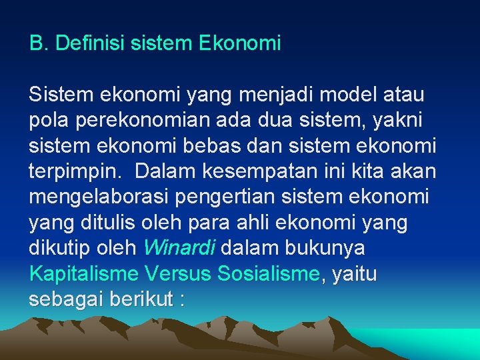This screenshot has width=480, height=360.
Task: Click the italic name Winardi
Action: (179, 247)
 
